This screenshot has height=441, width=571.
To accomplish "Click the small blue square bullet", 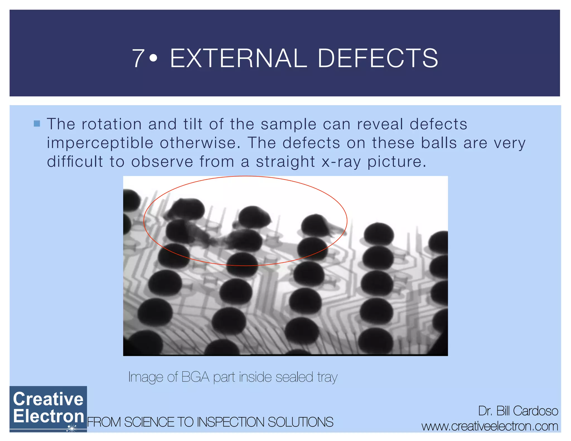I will coord(37,123).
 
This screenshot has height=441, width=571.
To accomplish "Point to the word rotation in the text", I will coord(112,124).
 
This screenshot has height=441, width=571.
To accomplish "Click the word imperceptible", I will coord(100,143).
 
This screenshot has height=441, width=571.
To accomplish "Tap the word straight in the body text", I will coord(285,162).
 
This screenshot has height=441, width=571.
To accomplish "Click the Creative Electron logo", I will coord(48,409).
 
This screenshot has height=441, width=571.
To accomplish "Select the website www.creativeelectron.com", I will coord(490,426).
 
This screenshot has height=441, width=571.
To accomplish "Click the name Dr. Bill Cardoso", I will coord(518,411).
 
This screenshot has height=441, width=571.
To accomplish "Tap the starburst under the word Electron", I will coord(72,428).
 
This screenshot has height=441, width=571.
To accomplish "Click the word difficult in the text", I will coord(75,162).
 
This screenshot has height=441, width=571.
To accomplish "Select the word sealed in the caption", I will coord(294,377).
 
